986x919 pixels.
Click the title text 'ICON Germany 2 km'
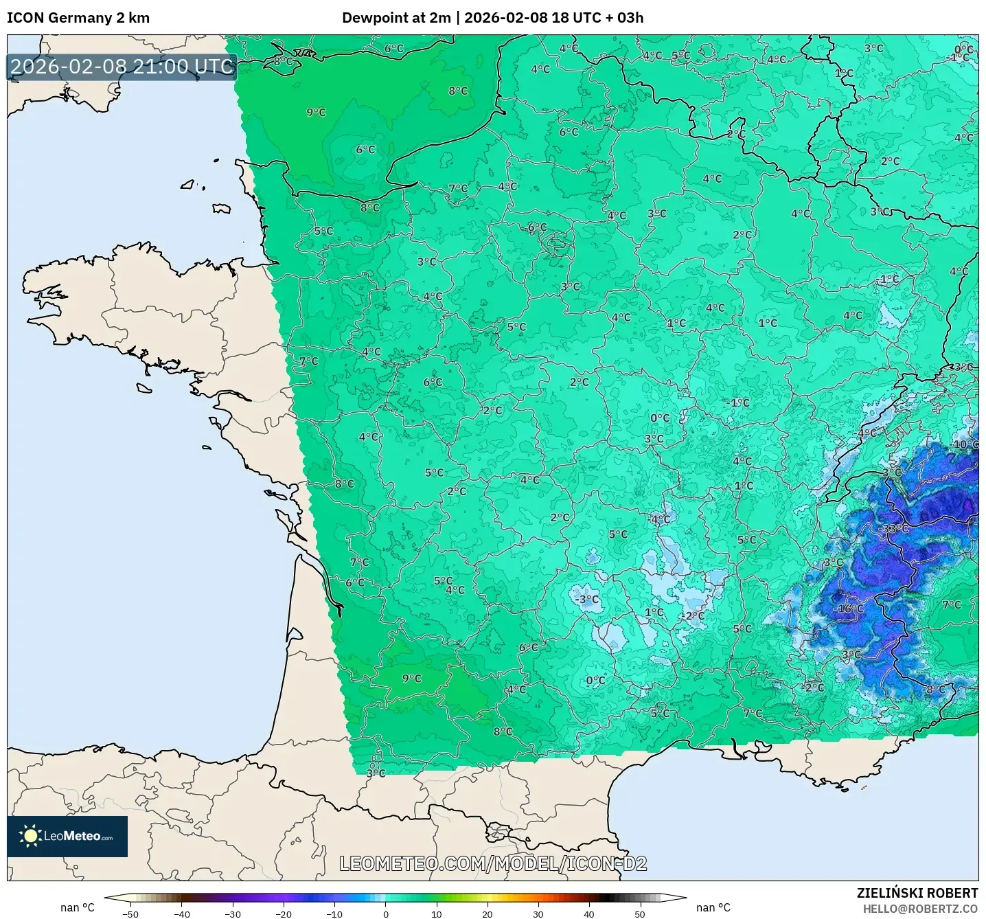pyautogui.click(x=78, y=18)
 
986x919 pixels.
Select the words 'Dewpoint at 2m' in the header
pyautogui.click(x=396, y=18)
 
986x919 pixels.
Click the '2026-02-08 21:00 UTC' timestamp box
pyautogui.click(x=122, y=67)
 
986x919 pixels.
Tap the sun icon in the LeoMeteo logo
pyautogui.click(x=30, y=836)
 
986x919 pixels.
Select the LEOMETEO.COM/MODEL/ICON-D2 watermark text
pyautogui.click(x=493, y=863)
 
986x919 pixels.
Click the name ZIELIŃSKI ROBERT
pyautogui.click(x=917, y=893)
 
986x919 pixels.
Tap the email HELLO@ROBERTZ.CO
pyautogui.click(x=920, y=909)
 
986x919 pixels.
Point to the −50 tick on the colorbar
pyautogui.click(x=130, y=914)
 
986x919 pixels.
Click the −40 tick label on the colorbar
pyautogui.click(x=182, y=914)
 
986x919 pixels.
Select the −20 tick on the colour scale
pyautogui.click(x=284, y=914)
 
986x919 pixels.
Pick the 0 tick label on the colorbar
pyautogui.click(x=386, y=914)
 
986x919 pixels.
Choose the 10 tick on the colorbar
pyautogui.click(x=437, y=914)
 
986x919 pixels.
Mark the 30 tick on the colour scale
pyautogui.click(x=538, y=914)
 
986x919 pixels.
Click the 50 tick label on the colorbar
pyautogui.click(x=640, y=914)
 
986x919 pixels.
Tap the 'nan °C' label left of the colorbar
pyautogui.click(x=78, y=908)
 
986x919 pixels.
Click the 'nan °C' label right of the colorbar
pyautogui.click(x=713, y=908)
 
